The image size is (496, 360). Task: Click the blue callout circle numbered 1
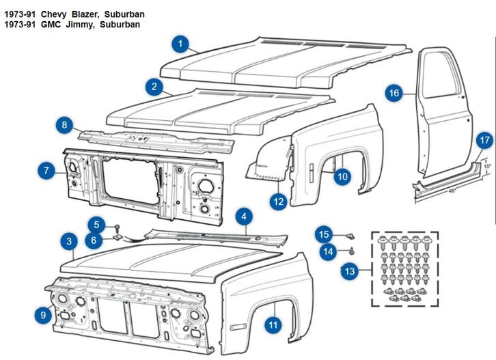pos(180,45)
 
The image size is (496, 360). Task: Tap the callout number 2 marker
pos(154,87)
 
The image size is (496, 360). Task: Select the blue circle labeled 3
pos(69,241)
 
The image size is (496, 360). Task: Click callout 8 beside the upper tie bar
pos(64,125)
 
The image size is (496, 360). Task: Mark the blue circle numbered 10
pos(342,177)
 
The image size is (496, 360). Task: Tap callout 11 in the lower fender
pos(273,324)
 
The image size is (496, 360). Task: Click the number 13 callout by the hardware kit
pos(350,271)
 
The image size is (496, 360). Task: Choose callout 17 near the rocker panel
pos(484,141)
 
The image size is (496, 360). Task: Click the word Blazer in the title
pos(80,14)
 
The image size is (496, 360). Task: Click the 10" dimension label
pos(486,165)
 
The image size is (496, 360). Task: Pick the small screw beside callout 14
pos(351,251)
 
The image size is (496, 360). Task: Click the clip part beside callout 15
pos(349,235)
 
